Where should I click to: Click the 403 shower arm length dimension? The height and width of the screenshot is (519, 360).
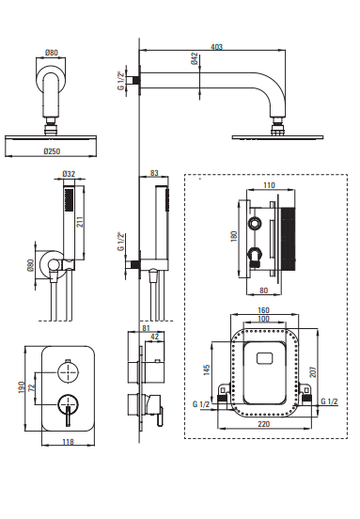coord(216,47)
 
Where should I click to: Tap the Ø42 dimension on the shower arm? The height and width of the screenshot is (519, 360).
coord(195,58)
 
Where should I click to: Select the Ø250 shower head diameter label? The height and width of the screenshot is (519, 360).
coord(52,151)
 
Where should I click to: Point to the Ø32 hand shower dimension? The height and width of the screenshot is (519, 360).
coord(69,173)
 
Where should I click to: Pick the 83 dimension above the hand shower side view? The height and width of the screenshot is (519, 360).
coord(154,173)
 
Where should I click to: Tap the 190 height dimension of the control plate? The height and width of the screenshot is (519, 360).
coord(22,387)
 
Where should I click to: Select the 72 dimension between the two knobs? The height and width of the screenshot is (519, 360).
coord(32,387)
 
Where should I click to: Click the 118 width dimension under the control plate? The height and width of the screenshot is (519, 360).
coord(68,442)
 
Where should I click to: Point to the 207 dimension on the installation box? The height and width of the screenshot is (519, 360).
coord(313,371)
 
